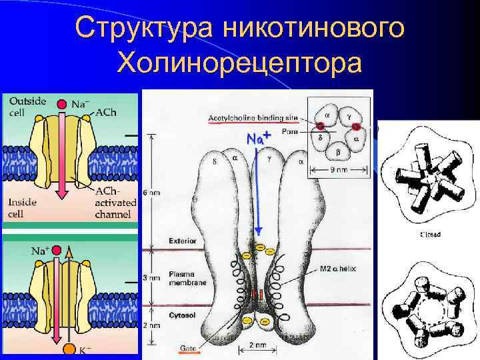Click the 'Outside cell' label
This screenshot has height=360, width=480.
[x=27, y=106]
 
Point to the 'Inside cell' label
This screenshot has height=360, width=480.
[x=23, y=206]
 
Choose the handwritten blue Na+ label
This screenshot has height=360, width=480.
[x=258, y=139]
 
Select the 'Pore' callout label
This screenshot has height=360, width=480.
[x=290, y=131]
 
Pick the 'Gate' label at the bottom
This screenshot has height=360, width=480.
[x=188, y=348]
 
